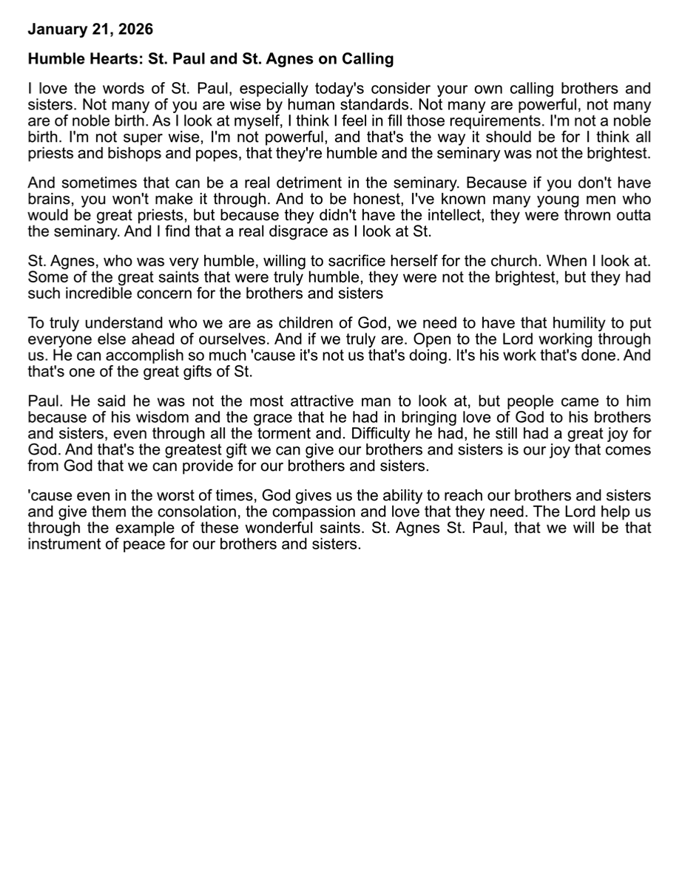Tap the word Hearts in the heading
click(x=106, y=58)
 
